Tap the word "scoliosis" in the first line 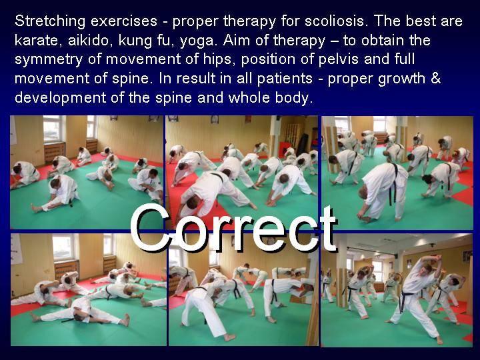[x=335, y=21]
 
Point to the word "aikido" [x=88, y=40]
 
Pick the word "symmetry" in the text [x=49, y=60]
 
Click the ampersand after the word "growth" [x=435, y=78]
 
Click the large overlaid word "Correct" [x=233, y=228]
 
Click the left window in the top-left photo [x=53, y=129]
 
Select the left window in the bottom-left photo [x=63, y=247]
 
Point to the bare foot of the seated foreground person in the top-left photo [x=36, y=208]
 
